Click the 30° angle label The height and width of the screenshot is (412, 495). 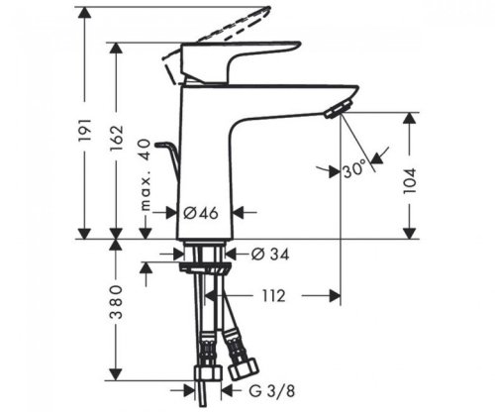[x=353, y=169]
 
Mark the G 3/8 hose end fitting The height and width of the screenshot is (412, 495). [x=208, y=381]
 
